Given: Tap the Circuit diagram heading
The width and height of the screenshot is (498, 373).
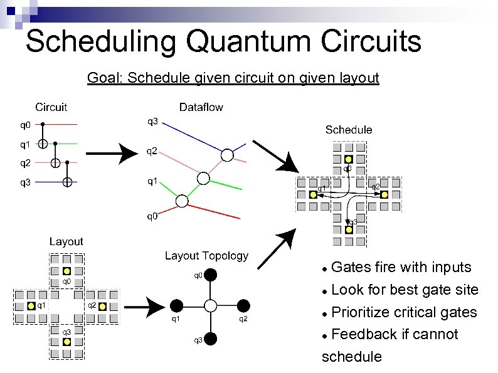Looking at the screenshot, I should (x=51, y=107).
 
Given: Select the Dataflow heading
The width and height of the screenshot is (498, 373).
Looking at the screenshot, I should (x=201, y=107).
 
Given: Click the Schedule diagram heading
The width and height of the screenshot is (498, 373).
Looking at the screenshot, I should (x=348, y=130).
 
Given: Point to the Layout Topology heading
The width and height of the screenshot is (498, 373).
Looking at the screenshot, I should (x=206, y=256).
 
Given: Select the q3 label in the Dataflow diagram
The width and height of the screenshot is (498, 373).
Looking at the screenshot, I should (x=152, y=120).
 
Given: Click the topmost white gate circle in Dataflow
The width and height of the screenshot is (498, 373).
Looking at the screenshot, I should (x=227, y=155).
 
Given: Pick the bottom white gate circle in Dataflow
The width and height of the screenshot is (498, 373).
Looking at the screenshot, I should (x=181, y=201).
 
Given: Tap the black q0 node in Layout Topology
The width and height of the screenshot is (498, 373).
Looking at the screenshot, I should (x=211, y=275).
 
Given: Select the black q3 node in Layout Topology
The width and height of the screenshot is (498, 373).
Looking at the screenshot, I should (x=211, y=339).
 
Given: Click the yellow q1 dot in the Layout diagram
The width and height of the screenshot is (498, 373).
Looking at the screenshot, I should (x=31, y=306).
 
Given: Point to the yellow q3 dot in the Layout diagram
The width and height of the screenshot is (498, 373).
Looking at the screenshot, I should (x=67, y=342).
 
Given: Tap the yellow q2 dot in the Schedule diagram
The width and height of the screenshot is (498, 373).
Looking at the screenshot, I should (x=384, y=194).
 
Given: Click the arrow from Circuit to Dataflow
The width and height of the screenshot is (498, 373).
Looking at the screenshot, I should (x=113, y=154).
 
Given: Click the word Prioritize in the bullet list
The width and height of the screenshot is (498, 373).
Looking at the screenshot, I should (x=364, y=312).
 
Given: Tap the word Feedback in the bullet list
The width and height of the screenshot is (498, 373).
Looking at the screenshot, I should (x=363, y=334).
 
